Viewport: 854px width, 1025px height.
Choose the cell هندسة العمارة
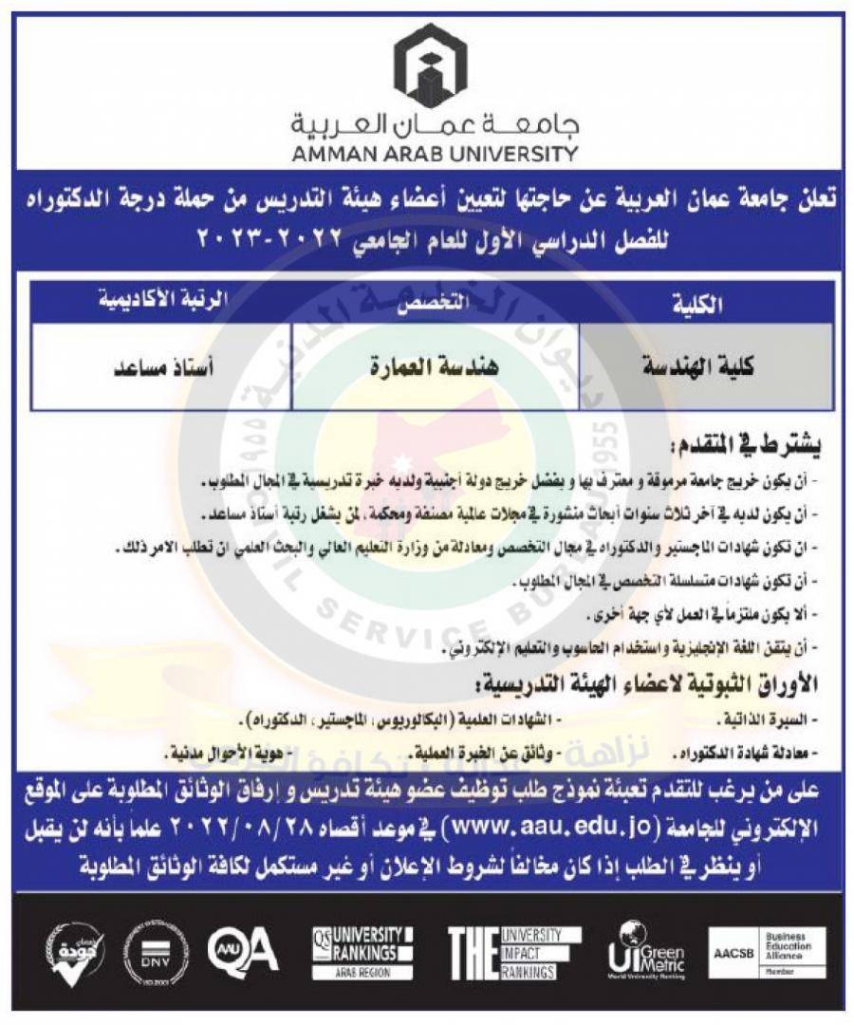[435, 366]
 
